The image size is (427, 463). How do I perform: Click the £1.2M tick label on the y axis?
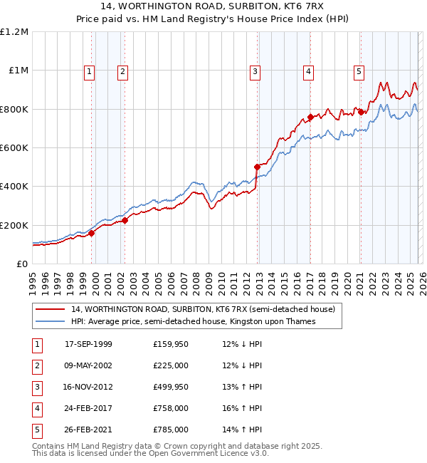(x=14, y=32)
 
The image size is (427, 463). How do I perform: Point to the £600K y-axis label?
(x=14, y=147)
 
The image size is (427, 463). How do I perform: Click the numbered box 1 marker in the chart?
(x=90, y=71)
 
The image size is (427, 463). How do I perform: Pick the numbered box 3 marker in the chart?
(x=255, y=71)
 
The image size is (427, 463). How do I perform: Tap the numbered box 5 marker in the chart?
(x=359, y=71)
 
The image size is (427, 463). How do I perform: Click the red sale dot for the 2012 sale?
(x=257, y=167)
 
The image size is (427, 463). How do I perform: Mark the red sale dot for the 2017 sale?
(x=310, y=117)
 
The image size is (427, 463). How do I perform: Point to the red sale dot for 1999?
(x=92, y=232)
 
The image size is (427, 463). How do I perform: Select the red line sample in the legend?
(x=51, y=309)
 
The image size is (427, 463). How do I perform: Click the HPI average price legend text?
(x=192, y=321)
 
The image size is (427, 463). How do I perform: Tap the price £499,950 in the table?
(x=170, y=388)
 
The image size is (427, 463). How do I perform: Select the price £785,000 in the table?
(x=170, y=430)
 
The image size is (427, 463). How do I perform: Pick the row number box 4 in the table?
(x=36, y=410)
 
